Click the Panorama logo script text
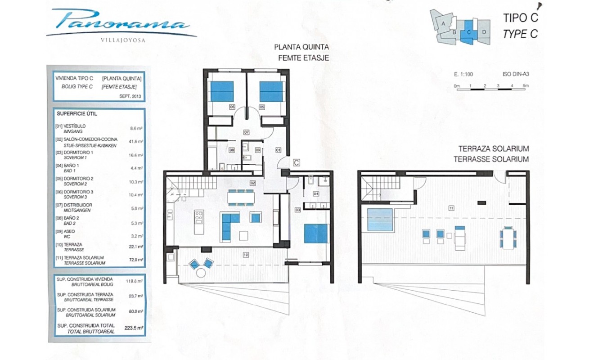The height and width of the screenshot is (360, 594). coord(121,21)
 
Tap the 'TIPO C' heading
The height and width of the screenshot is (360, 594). coord(520,18)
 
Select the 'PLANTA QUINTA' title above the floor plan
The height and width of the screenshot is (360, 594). coord(302,47)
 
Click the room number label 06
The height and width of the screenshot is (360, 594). coord(232,107)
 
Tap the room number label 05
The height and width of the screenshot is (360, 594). coord(261,107)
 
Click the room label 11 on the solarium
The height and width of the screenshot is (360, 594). coord(451,208)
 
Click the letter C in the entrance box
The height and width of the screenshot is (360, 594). coord(297,162)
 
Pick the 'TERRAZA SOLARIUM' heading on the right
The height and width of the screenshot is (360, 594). coord(493,149)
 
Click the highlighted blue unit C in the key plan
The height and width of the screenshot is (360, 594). coord(469,31)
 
